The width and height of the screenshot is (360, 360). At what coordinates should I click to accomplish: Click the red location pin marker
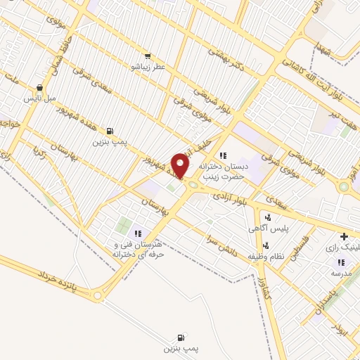(x=181, y=164)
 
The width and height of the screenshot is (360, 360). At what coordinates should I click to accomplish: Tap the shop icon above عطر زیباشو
(x=146, y=56)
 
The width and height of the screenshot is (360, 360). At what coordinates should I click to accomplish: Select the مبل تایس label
(x=41, y=98)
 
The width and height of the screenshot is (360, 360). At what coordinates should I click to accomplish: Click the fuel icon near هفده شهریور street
(x=110, y=131)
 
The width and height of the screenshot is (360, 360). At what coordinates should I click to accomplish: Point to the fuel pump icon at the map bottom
(x=182, y=337)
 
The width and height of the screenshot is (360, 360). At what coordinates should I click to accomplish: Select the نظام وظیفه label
(x=272, y=256)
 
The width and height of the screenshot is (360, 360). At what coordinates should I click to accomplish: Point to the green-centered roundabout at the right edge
(x=343, y=187)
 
